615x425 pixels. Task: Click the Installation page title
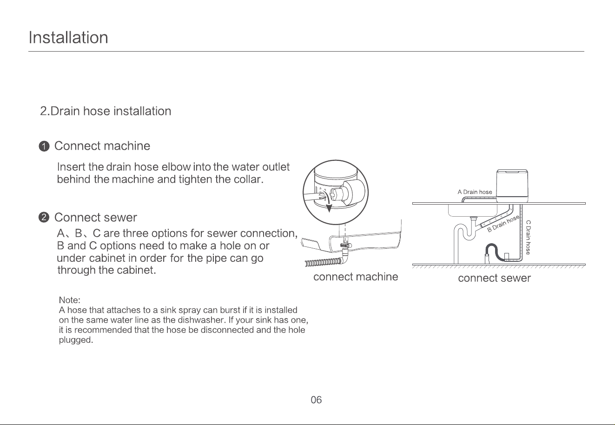tap(68, 37)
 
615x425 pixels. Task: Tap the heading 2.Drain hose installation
tap(106, 111)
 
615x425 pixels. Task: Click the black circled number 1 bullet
tap(44, 146)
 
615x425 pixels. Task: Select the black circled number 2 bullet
tap(44, 218)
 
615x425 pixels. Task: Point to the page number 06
tap(316, 400)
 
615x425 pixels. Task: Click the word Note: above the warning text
tap(69, 300)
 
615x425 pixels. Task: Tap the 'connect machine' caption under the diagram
tap(356, 277)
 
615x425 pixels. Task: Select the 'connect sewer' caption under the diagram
tap(494, 278)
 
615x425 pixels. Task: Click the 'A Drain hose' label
tap(475, 192)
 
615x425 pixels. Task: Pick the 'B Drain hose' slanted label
tap(503, 224)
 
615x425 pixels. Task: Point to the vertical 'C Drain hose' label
tap(528, 237)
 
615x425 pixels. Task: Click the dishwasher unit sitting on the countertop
tap(512, 186)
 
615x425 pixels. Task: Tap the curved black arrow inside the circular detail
tap(328, 202)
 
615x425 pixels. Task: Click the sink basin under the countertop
tap(472, 211)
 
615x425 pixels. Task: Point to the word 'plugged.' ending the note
tap(76, 340)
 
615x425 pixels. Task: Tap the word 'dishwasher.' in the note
tap(203, 320)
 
